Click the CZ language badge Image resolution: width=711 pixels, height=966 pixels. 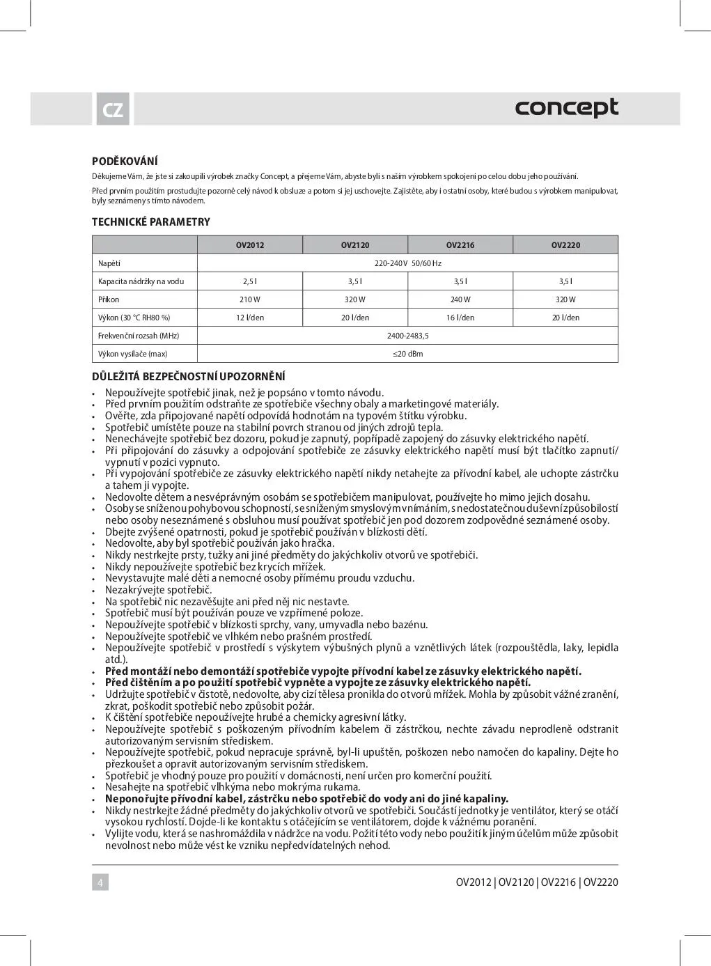(112, 110)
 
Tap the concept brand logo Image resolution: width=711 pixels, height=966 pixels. (566, 108)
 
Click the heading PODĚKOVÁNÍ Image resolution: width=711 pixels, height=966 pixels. (125, 162)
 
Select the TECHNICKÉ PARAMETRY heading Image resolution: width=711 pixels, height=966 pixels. (151, 222)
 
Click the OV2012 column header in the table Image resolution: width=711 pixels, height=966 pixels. (250, 245)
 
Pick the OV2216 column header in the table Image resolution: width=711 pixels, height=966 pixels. (460, 245)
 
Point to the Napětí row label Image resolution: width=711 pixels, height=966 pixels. (109, 263)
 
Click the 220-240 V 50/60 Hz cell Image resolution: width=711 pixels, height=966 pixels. (408, 263)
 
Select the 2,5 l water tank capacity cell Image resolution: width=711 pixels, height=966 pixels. (250, 281)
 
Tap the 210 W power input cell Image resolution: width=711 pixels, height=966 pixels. (250, 299)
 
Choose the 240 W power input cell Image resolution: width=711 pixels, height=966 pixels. (460, 299)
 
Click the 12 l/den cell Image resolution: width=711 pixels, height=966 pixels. (250, 318)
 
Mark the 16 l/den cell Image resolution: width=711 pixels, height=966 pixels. (460, 318)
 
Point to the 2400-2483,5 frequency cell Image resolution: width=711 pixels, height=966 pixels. (408, 336)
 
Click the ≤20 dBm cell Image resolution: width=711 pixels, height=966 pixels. (408, 354)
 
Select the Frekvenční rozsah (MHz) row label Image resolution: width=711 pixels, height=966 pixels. (139, 336)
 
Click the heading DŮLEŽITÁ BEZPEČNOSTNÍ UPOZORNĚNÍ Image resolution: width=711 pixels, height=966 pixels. (189, 377)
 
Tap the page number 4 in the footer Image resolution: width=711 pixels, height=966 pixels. (100, 882)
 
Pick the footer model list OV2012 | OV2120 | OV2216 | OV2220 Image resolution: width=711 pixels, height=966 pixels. (537, 882)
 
